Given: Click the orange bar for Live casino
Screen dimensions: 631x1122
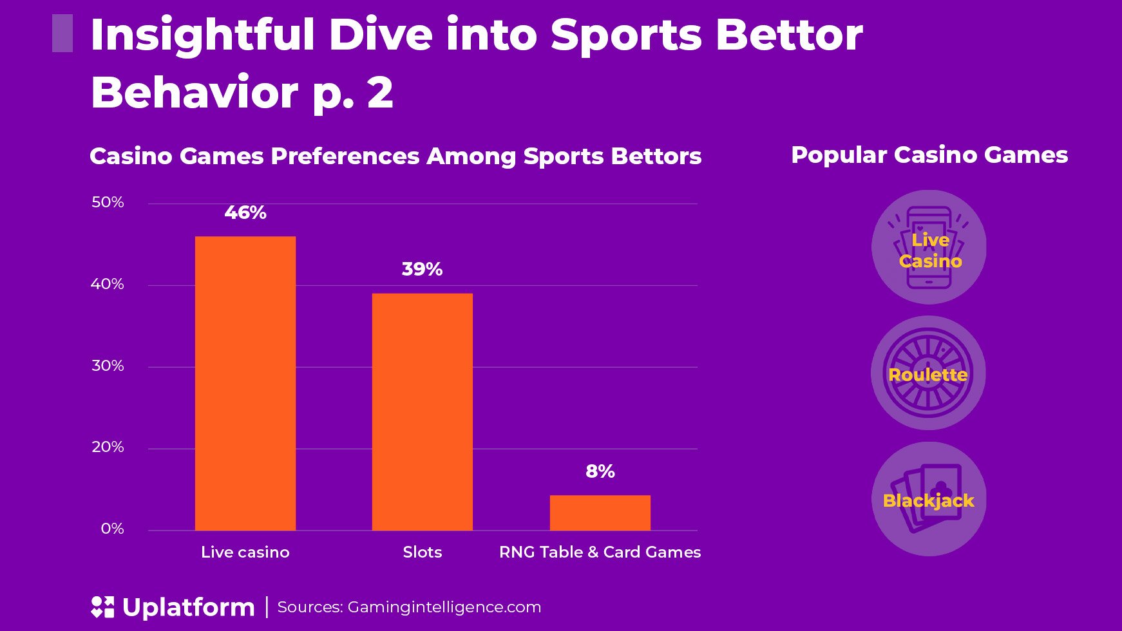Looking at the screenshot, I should point(245,383).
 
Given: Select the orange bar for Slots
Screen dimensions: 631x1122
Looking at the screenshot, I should point(423,411).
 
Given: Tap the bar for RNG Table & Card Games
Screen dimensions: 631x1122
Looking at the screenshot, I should point(600,513).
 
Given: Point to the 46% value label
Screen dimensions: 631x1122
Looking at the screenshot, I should point(245,212).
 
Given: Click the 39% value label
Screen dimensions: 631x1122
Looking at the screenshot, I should point(423,269).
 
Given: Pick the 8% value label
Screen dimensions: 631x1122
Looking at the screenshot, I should point(600,471).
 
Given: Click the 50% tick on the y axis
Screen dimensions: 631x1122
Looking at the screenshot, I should point(108,202).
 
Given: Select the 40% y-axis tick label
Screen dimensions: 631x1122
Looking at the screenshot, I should point(108,284).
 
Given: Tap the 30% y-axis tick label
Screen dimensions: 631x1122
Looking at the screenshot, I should point(108,366).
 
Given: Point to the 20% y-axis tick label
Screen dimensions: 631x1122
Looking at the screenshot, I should point(108,447).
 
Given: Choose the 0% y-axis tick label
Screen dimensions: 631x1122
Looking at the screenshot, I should point(112,529).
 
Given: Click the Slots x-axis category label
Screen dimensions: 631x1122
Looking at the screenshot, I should point(423,552).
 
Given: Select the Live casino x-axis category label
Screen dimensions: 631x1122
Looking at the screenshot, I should point(245,552).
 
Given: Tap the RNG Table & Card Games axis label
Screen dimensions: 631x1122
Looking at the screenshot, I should point(600,552).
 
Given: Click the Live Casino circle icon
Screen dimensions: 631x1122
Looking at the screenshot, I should point(929,247).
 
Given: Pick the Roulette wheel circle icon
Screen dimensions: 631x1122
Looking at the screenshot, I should point(928,373).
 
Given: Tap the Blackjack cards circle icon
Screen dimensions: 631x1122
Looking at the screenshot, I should point(929,499).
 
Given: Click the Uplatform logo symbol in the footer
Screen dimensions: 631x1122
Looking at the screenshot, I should point(102,607).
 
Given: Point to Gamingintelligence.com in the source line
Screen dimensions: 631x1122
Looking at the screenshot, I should point(444,607).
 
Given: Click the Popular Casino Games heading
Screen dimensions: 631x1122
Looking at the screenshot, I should point(929,155).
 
